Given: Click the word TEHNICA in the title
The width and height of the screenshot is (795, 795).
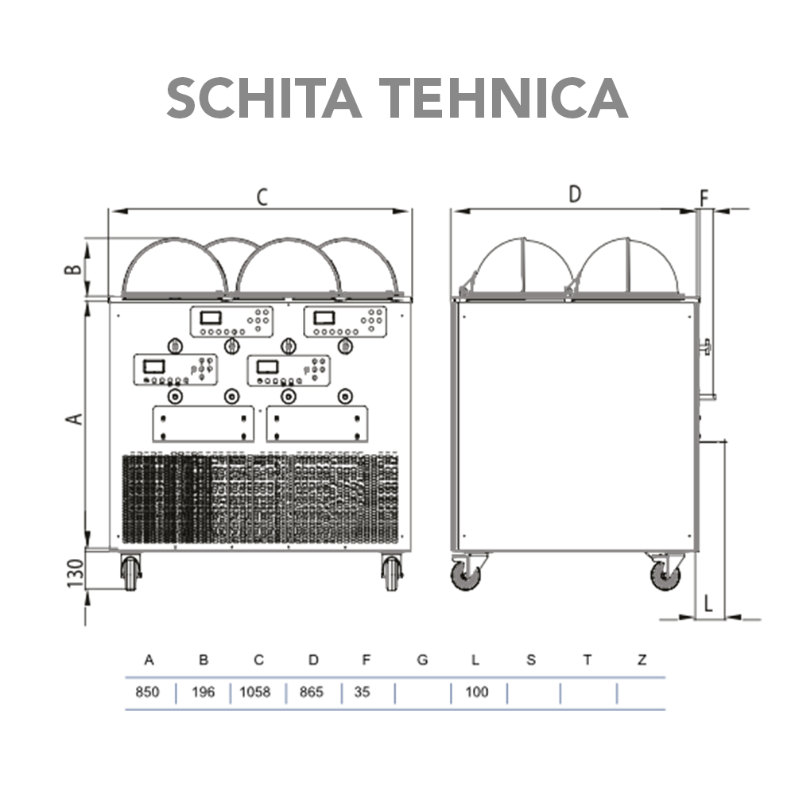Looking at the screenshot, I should [x=500, y=99].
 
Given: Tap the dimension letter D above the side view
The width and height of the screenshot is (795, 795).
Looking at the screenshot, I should [x=575, y=194].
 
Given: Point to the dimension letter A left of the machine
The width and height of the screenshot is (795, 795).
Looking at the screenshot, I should [x=74, y=418].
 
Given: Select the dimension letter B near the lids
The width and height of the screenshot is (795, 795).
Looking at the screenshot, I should [x=73, y=268].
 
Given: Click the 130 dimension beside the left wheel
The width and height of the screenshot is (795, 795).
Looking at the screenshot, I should [x=74, y=573].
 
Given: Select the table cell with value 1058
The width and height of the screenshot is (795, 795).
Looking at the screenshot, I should [x=256, y=692].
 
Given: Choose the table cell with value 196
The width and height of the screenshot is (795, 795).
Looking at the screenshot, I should [x=204, y=692].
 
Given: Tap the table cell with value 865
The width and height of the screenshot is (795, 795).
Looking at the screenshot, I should [x=312, y=692].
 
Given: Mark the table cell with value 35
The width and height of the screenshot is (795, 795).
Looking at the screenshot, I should [x=362, y=692].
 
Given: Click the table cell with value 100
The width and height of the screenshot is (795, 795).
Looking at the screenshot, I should [x=476, y=692].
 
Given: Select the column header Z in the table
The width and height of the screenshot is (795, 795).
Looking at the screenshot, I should [x=642, y=660].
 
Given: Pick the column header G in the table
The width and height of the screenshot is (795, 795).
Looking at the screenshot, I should [x=422, y=660].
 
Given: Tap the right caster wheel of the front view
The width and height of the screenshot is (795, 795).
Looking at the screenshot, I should [x=391, y=572].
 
